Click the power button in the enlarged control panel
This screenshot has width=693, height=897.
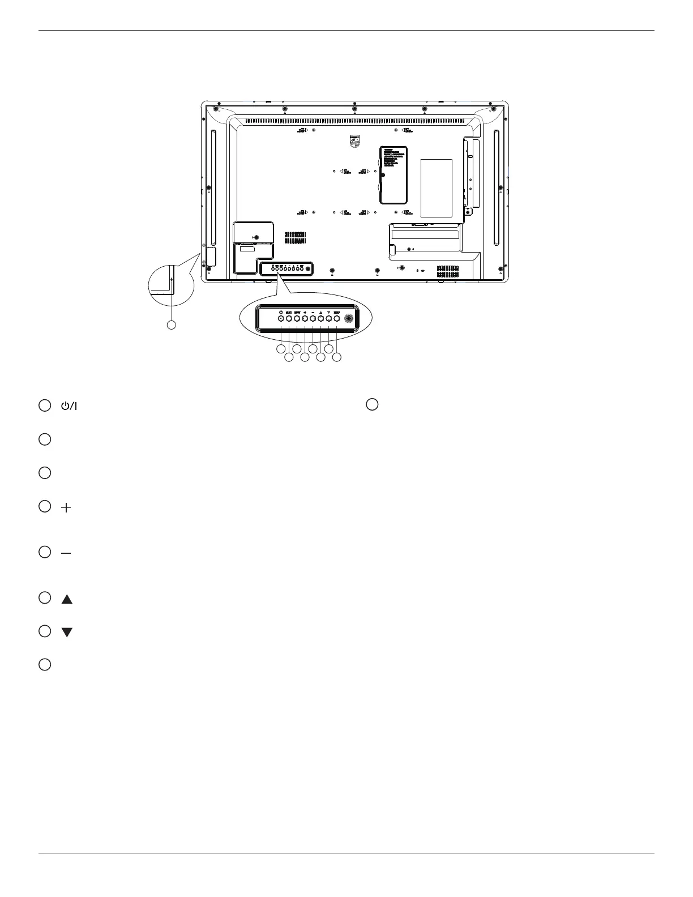pos(281,319)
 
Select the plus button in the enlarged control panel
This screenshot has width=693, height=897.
pos(305,319)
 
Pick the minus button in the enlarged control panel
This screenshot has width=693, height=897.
pos(313,319)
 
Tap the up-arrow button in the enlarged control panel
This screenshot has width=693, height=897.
pos(320,319)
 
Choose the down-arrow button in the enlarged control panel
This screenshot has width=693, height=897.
pos(328,319)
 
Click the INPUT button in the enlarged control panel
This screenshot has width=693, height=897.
pos(297,319)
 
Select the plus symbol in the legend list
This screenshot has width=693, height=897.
pos(66,509)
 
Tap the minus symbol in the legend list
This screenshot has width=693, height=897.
pos(66,553)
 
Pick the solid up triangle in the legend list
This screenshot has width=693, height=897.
pos(67,599)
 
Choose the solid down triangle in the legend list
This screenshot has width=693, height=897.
pos(67,633)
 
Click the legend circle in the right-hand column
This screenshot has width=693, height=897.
pos(371,404)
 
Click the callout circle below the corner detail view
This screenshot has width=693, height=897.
pos(171,325)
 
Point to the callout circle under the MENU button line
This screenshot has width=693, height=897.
pos(337,357)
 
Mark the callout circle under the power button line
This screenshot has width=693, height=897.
pos(281,349)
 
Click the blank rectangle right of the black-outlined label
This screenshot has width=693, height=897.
pos(437,188)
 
